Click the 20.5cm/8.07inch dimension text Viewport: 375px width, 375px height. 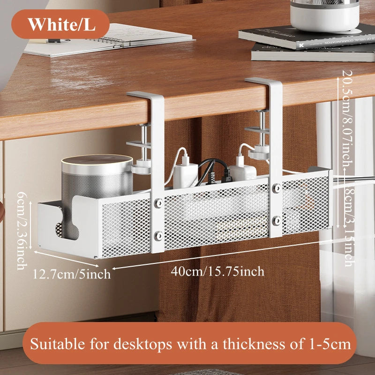pos(347,120)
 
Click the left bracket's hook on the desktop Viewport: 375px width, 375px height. pos(146,96)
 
